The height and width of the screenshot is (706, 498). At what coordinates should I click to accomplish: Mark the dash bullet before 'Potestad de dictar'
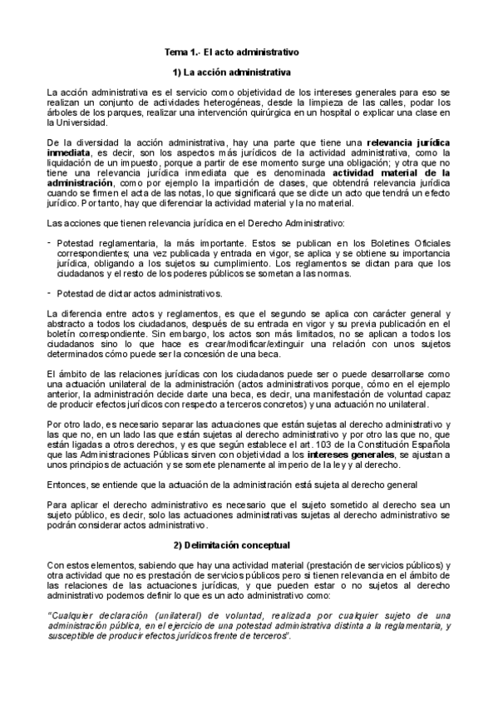(x=50, y=292)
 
